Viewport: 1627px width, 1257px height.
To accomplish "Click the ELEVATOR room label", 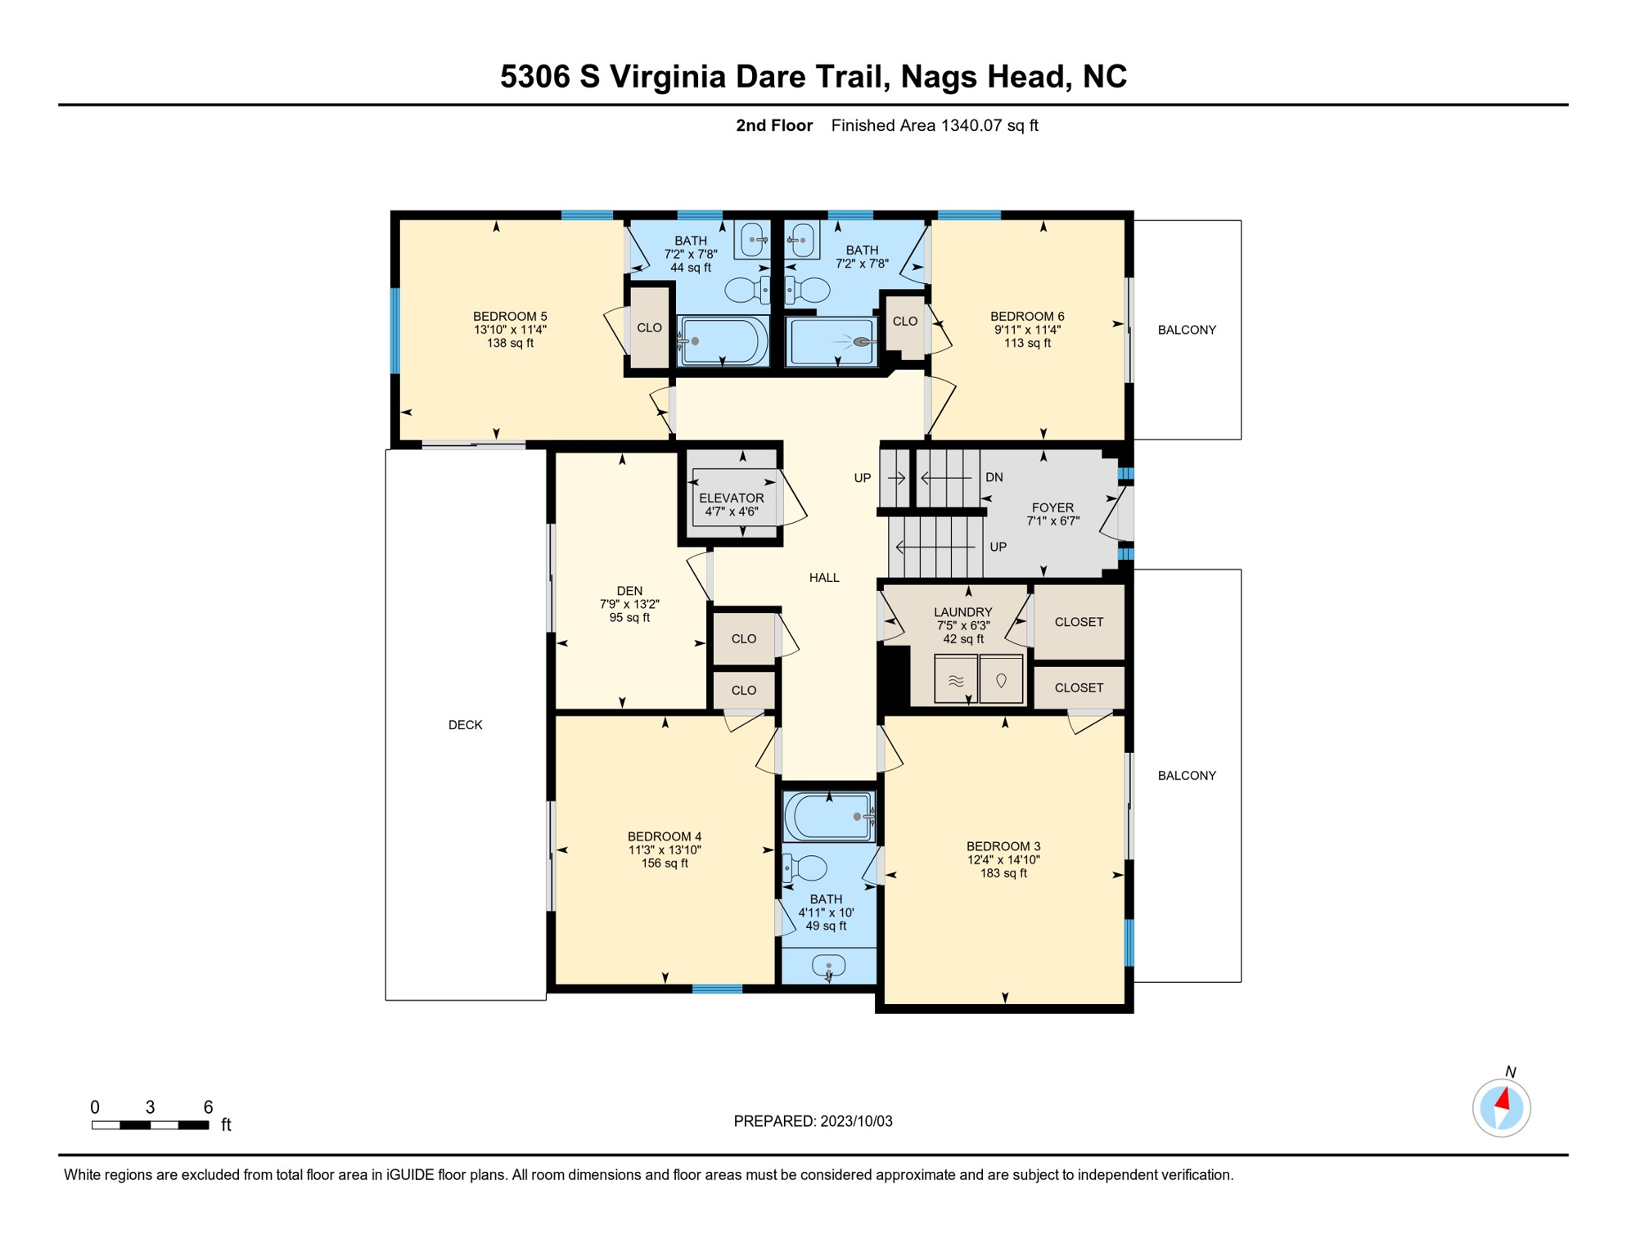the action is [731, 498].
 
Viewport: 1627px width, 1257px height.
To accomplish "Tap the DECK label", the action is [466, 725].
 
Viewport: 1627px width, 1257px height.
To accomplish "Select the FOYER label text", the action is [1052, 507].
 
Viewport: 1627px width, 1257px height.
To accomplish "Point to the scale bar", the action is [151, 1125].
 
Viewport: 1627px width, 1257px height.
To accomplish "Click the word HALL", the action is [824, 578].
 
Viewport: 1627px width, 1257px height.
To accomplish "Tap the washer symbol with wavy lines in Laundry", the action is [956, 679].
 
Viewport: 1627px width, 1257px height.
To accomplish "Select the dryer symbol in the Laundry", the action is [1001, 679].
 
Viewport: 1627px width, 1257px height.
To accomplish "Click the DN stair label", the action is [994, 477].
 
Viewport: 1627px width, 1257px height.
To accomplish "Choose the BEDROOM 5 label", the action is [510, 317].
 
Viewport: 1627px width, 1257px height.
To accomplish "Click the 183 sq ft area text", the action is [1003, 873].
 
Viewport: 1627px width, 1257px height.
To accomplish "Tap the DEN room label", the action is [629, 591].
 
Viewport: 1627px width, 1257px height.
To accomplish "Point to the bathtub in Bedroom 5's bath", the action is [723, 340].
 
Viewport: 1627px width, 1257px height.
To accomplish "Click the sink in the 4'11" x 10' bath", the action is [828, 966].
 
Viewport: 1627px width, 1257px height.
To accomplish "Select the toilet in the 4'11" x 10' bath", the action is [805, 867].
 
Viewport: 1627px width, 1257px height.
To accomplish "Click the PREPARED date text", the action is [813, 1121].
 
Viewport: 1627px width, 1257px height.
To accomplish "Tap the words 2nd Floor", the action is [774, 125].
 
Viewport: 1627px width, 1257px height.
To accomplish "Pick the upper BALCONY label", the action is [1187, 330].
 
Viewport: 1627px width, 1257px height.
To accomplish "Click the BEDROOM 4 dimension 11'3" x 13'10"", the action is [665, 849].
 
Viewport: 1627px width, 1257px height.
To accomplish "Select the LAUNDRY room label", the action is [963, 612].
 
